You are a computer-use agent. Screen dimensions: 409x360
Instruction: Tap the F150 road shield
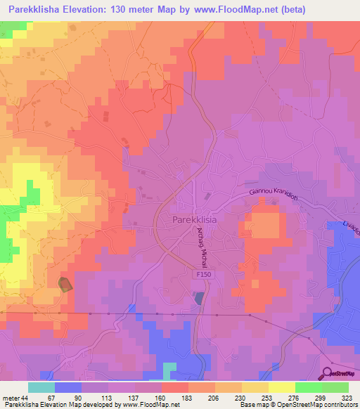[x=202, y=278]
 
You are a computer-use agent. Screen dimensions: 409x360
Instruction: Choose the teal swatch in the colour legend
[x=41, y=387]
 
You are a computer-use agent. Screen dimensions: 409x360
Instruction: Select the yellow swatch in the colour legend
[x=281, y=387]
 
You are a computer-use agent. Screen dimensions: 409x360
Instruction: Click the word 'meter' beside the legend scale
[x=12, y=398]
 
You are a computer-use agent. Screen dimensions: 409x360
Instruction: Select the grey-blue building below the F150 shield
[x=200, y=298]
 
